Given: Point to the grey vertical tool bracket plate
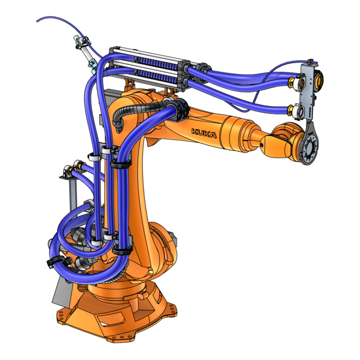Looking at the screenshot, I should [x=308, y=94].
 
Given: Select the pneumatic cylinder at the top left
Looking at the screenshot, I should [x=86, y=53].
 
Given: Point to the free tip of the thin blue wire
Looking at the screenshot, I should [x=37, y=22].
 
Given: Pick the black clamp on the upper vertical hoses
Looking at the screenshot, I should [x=120, y=164].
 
